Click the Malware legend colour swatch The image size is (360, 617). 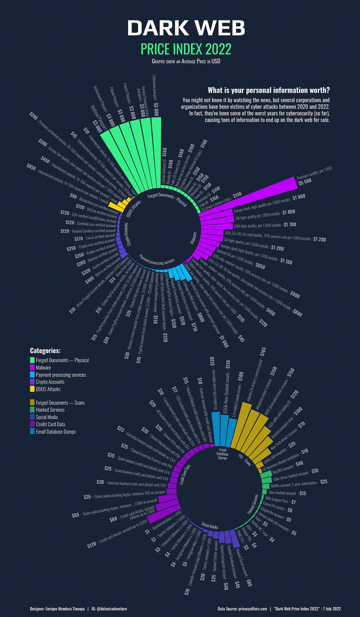pos(32,367)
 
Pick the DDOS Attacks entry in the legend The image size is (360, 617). pos(48,389)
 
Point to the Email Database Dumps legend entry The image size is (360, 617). pos(55,432)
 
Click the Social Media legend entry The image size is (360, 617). pos(47,417)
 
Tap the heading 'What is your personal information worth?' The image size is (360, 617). pos(268,90)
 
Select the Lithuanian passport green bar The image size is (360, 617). pos(156,153)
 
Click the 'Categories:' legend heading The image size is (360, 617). pos(45,351)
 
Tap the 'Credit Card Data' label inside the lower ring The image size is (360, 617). pos(185,475)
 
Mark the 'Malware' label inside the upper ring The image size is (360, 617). pos(193,238)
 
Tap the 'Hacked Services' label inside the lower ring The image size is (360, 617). pos(253,504)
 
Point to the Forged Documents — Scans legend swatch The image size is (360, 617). pos(32,403)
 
